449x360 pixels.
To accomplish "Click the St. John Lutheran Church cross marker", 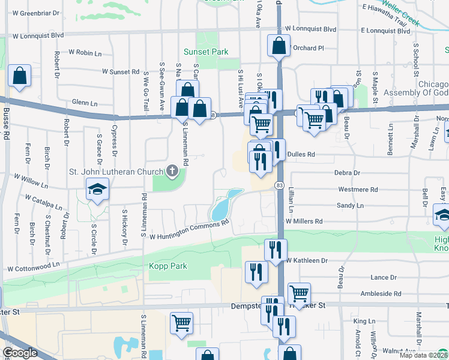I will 172,172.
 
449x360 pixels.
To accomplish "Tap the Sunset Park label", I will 206,52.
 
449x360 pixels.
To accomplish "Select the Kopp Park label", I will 168,266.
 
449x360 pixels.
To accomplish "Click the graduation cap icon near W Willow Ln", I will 96,191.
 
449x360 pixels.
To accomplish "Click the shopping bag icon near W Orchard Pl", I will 279,45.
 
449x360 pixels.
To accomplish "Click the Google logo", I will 20,353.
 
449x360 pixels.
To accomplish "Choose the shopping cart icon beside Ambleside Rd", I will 299,293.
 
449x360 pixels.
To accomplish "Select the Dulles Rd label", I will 301,154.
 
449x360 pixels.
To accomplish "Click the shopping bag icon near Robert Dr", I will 20,76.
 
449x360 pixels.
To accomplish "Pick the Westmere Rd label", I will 358,190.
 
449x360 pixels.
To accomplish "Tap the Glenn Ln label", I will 84,103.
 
